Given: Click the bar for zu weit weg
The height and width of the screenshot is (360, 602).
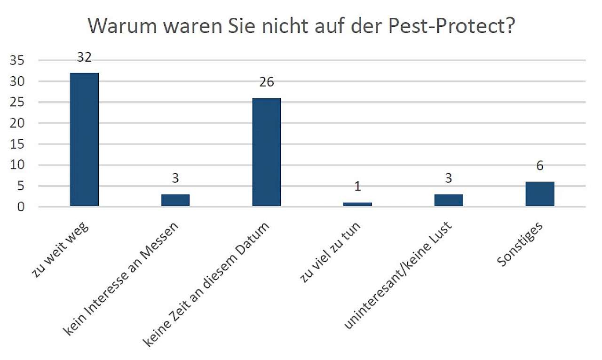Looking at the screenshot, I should point(84,139).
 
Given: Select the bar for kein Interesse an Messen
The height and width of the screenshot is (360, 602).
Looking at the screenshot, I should point(175,200).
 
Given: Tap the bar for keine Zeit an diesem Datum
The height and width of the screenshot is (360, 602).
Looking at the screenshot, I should point(266,152).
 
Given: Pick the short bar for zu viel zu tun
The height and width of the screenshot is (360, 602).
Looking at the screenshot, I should point(357,204).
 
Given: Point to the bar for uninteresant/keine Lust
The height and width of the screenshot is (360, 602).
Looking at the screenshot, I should point(449,200).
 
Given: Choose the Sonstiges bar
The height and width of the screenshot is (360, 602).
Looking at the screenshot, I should point(540,194).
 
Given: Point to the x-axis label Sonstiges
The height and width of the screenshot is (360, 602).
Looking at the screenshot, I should point(520,245).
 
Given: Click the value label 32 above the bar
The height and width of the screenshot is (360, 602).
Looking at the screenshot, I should point(84,57).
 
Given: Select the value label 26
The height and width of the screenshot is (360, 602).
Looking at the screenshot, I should point(266,82).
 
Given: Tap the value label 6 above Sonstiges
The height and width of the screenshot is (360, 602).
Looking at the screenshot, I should point(540,166).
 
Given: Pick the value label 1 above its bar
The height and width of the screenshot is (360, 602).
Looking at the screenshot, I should point(357,187).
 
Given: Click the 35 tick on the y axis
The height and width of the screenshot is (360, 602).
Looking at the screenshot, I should point(19,61).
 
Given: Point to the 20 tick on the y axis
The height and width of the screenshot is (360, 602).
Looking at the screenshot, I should point(19,123).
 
